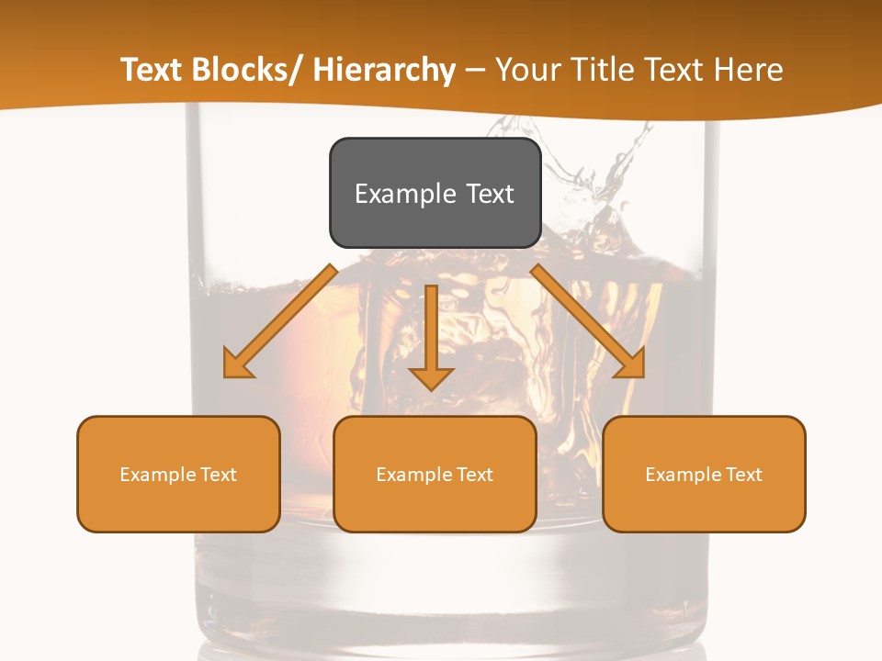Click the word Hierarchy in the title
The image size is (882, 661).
point(385,71)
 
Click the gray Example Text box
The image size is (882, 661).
point(435,193)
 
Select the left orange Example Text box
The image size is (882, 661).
point(178,474)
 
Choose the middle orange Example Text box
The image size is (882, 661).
point(435,474)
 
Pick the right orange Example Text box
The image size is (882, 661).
point(704,474)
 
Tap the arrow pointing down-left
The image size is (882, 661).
point(280,321)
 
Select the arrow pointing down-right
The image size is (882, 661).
point(588,321)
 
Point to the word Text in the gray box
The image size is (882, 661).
point(490,194)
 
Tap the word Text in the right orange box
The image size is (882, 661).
point(743,475)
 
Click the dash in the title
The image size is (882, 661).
point(475,71)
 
